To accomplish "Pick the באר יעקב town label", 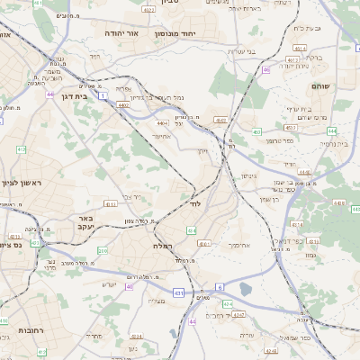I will (x=85, y=222).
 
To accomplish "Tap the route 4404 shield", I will (x=161, y=123).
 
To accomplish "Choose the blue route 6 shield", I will (x=219, y=287).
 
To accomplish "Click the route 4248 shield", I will (x=227, y=304).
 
